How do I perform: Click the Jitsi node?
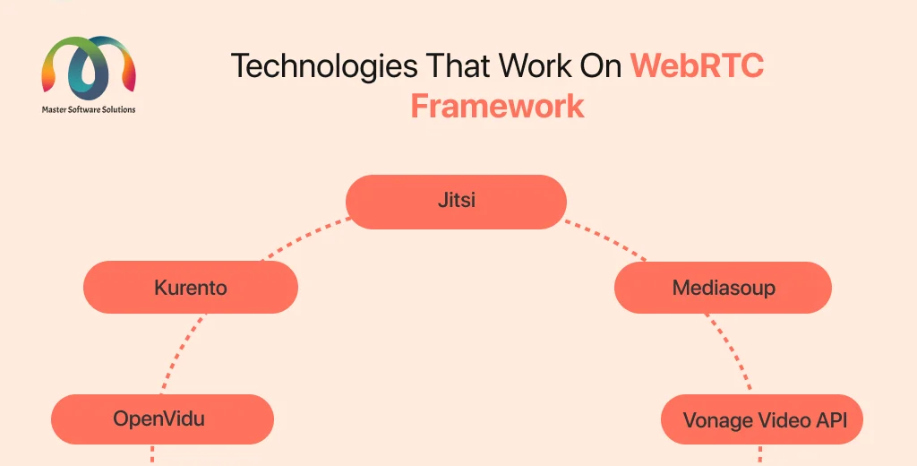coord(456,202)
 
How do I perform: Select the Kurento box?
coord(191,287)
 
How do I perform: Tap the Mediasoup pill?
coord(723,288)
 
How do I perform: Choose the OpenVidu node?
coord(162,419)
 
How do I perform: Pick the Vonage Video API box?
coord(762,419)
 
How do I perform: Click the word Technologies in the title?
coord(324,66)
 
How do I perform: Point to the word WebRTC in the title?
coord(697,65)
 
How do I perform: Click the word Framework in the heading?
coord(497,106)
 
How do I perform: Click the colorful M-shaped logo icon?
coord(89,68)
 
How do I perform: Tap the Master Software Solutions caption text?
coord(89,109)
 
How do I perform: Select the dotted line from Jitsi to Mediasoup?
coord(606,239)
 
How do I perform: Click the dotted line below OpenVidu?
coord(152,455)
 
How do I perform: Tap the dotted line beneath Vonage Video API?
coord(760,455)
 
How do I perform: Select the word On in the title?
coord(601,65)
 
